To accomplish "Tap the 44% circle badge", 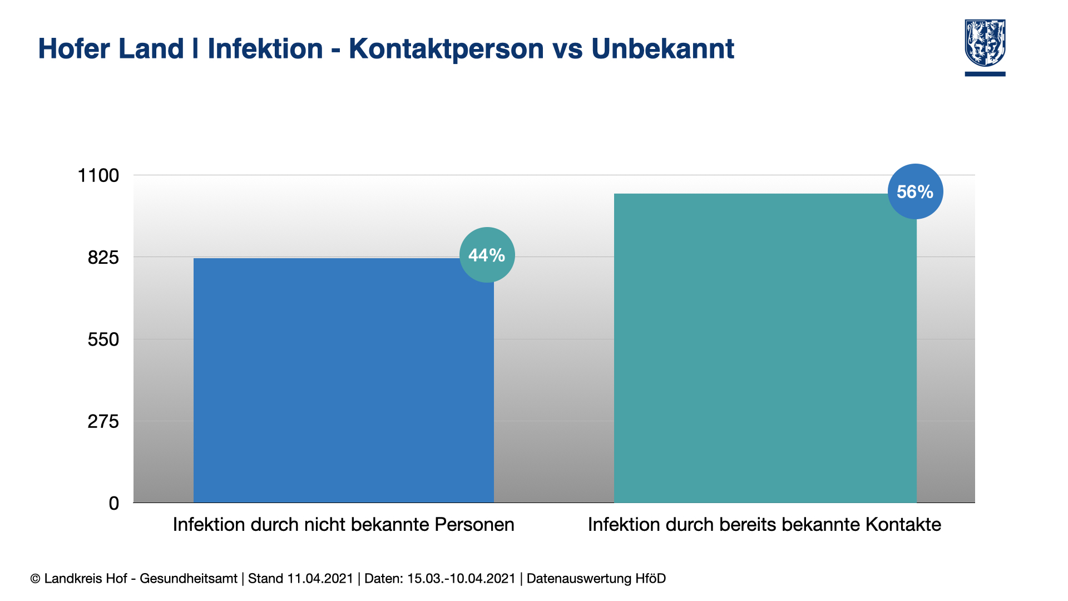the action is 487,255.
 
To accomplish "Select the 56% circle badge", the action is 916,191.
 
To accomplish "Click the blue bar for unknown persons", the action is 344,380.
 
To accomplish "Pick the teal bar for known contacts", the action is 765,348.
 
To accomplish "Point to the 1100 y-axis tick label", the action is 98,175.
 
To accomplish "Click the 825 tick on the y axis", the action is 103,258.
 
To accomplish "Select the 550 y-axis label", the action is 103,339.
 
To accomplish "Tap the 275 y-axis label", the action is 103,421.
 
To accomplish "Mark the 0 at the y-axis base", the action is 114,504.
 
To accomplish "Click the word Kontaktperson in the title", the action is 447,49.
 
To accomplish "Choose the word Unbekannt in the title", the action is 663,48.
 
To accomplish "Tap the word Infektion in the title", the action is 265,48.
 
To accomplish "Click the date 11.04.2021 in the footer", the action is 320,579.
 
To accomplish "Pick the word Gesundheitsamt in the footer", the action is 189,579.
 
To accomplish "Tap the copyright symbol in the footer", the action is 35,579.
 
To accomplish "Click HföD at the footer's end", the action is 651,579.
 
